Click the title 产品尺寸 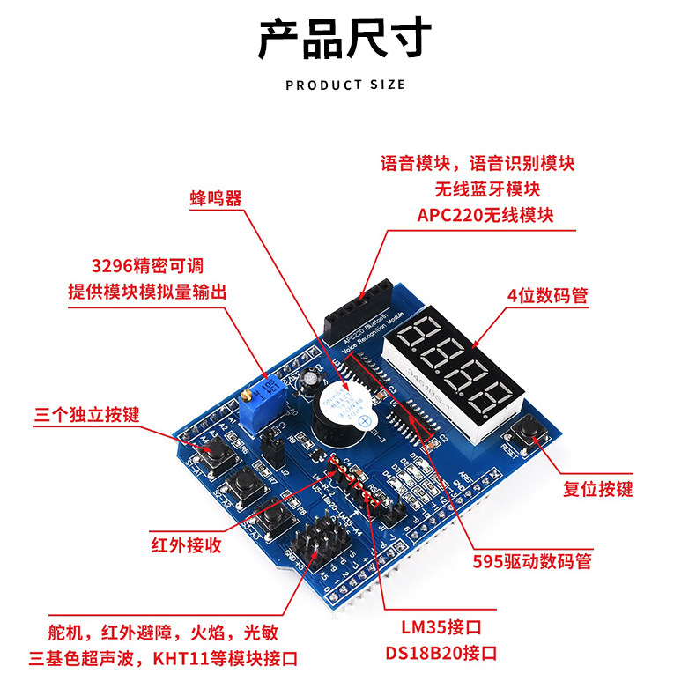[x=345, y=40]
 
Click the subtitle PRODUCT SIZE [x=345, y=85]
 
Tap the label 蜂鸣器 [x=215, y=197]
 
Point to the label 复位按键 [x=597, y=489]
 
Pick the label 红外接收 [x=185, y=545]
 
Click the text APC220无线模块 [x=486, y=215]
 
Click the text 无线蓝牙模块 [x=486, y=189]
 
